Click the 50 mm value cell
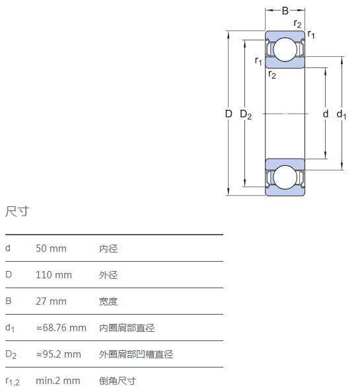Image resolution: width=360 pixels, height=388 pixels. click(51, 249)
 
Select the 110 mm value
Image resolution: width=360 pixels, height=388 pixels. click(54, 275)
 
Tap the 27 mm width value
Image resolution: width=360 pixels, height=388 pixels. click(51, 301)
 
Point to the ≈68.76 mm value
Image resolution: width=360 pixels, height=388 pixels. click(61, 328)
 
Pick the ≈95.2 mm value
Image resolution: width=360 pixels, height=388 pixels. click(59, 354)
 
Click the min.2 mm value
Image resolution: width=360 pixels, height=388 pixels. click(58, 381)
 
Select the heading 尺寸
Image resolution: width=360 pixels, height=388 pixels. click(17, 212)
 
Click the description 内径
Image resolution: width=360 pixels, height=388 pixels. click(108, 249)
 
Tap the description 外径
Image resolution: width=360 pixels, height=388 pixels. click(108, 275)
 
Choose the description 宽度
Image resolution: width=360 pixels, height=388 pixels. click(108, 301)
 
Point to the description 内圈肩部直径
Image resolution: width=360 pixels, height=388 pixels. click(127, 328)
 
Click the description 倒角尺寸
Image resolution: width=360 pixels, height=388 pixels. click(118, 381)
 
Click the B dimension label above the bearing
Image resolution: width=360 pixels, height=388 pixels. click(285, 11)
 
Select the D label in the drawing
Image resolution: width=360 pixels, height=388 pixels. click(229, 114)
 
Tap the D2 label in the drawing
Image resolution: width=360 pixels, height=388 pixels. click(246, 115)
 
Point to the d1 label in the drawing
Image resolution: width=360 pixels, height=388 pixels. click(342, 115)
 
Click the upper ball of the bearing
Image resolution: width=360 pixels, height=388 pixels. click(285, 49)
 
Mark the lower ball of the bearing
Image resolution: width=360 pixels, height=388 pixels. click(285, 177)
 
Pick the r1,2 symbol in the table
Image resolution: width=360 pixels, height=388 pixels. click(13, 381)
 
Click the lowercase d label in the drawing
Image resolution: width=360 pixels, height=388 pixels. click(326, 114)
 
